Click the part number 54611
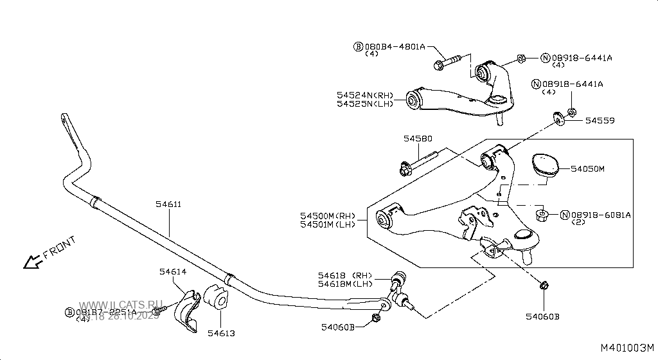[168, 204]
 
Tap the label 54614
[173, 272]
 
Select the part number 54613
[220, 333]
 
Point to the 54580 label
[418, 138]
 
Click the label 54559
[599, 120]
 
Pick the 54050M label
[588, 168]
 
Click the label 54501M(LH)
[328, 224]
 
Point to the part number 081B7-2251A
[106, 312]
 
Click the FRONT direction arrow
[29, 261]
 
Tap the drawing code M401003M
[628, 348]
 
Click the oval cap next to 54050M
[543, 164]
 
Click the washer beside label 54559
[557, 118]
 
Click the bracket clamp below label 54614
[186, 311]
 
